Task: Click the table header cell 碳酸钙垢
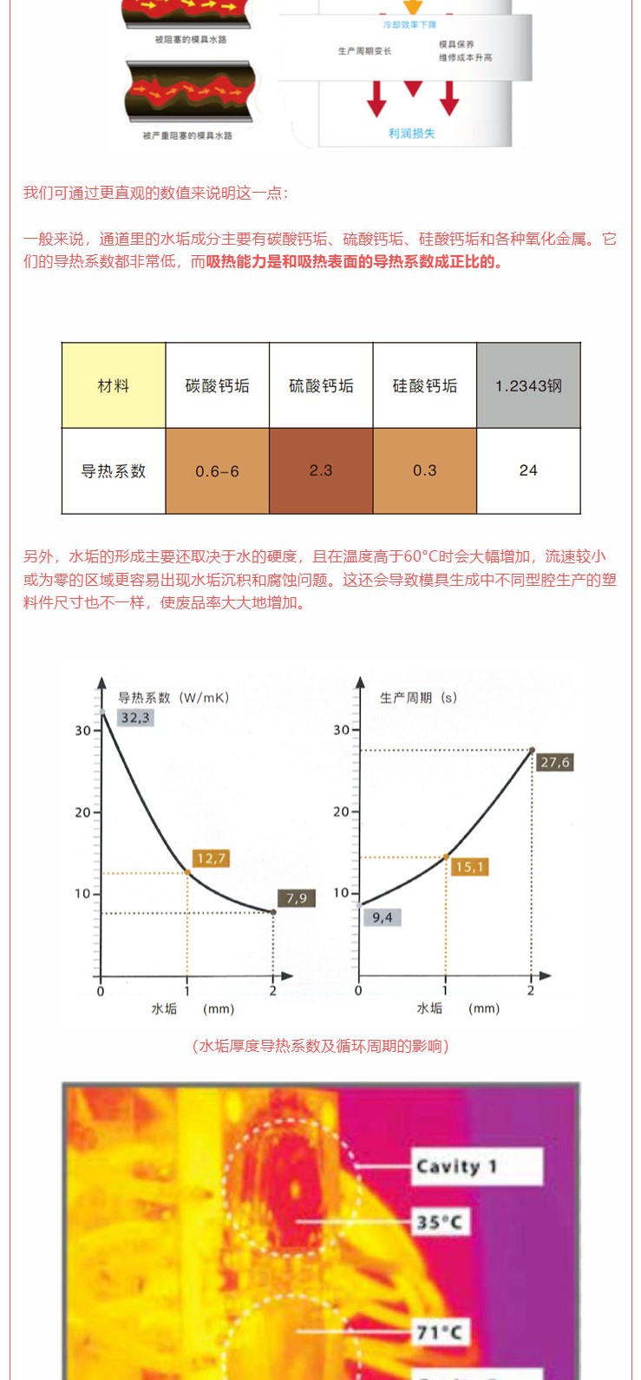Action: (x=217, y=385)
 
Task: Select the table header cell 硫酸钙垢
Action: (x=321, y=385)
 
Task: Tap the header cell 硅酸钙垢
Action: (x=424, y=385)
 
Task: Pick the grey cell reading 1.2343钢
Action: (x=528, y=385)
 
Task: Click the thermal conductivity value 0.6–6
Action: (x=217, y=471)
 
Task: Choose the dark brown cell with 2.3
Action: (x=321, y=470)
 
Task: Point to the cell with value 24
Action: (x=528, y=470)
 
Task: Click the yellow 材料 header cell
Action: (x=114, y=385)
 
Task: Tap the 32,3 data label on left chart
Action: (x=135, y=718)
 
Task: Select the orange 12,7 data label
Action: (x=211, y=858)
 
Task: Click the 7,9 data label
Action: (x=297, y=898)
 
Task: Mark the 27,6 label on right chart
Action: (x=555, y=762)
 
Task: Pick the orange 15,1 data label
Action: (x=470, y=867)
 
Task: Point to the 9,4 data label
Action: (x=383, y=917)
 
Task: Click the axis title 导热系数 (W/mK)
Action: (x=173, y=698)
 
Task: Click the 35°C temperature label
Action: (x=439, y=1222)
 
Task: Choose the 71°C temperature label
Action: (x=439, y=1331)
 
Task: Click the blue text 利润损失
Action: (x=412, y=134)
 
